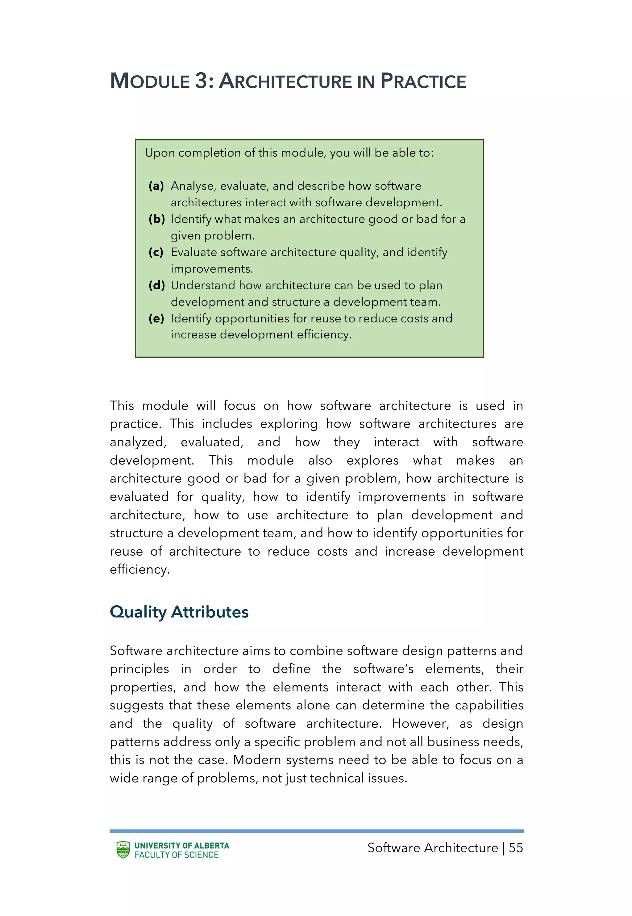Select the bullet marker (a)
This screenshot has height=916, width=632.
156,186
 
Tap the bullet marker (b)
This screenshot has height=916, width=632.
156,219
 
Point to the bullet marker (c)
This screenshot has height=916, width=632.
156,252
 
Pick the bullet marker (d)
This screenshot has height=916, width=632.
156,285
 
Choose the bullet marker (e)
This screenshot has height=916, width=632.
156,318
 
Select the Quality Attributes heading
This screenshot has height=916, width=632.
179,612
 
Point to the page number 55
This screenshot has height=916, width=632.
516,848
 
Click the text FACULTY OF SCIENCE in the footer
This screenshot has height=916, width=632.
177,855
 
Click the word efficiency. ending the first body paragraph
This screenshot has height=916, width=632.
139,569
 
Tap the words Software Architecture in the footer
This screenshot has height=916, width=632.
432,848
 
